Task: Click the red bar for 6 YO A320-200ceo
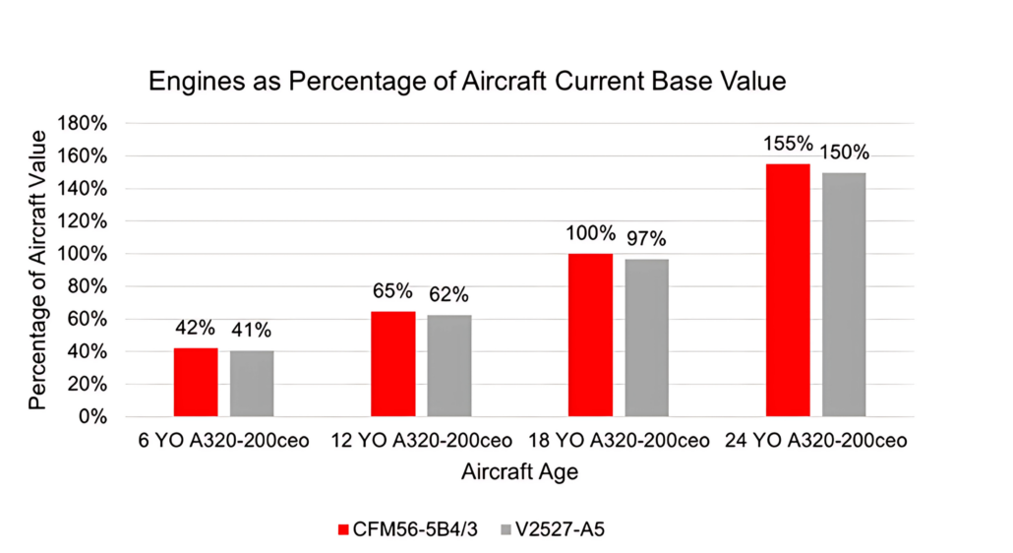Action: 196,382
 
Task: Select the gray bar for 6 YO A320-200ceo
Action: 253,383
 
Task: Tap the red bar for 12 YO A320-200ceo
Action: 393,363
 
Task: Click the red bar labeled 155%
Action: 788,290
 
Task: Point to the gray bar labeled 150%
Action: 845,294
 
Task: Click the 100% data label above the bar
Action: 591,234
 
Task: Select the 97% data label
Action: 646,239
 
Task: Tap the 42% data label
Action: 196,329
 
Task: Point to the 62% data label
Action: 448,294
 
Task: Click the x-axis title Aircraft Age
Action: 519,472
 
